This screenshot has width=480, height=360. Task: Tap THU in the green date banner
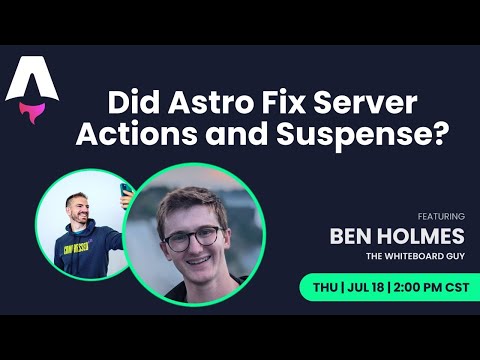coord(325,286)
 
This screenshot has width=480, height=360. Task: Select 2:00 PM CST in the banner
coord(431,286)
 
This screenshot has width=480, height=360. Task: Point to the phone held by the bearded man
coord(127,192)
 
